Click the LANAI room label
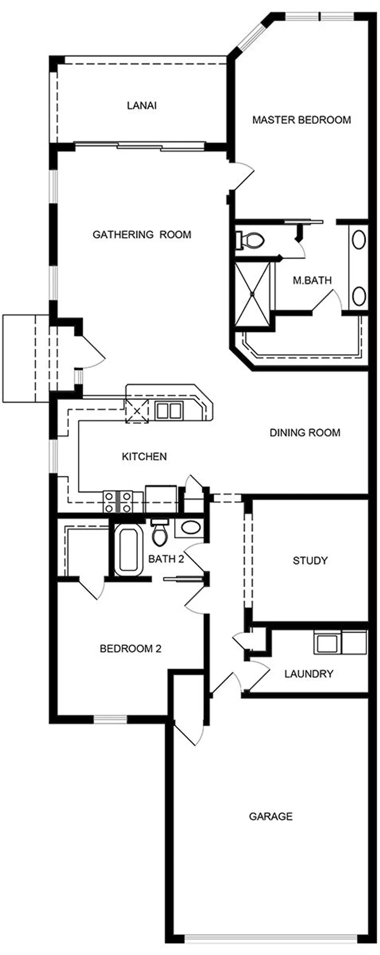coord(141,106)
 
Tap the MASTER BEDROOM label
coord(301,119)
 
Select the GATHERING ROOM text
coord(142,234)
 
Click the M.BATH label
coord(312,280)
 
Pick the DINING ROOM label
coord(305,432)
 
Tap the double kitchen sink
coord(168,410)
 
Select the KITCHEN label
coord(144,456)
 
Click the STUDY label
coord(310,560)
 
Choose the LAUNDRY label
coord(308,674)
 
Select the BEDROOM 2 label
coord(130,648)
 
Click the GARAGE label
coord(270,816)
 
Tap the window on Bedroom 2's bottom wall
coord(110,719)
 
